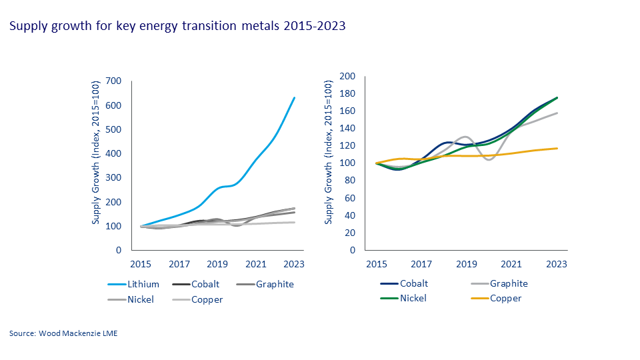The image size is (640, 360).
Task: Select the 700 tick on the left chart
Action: pyautogui.click(x=114, y=81)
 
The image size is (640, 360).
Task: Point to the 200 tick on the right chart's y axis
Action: pyautogui.click(x=348, y=76)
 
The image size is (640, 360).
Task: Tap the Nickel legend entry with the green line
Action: pyautogui.click(x=414, y=298)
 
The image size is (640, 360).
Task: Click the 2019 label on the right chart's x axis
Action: pyautogui.click(x=466, y=264)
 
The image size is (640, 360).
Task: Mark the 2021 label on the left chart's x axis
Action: pyautogui.click(x=255, y=264)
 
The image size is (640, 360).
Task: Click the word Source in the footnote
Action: pyautogui.click(x=23, y=333)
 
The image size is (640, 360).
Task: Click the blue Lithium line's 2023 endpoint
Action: pyautogui.click(x=295, y=98)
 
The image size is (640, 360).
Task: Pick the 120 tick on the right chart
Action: pyautogui.click(x=348, y=146)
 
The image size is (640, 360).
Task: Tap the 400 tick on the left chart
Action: pyautogui.click(x=114, y=153)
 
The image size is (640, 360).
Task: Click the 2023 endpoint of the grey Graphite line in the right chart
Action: pyautogui.click(x=557, y=113)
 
